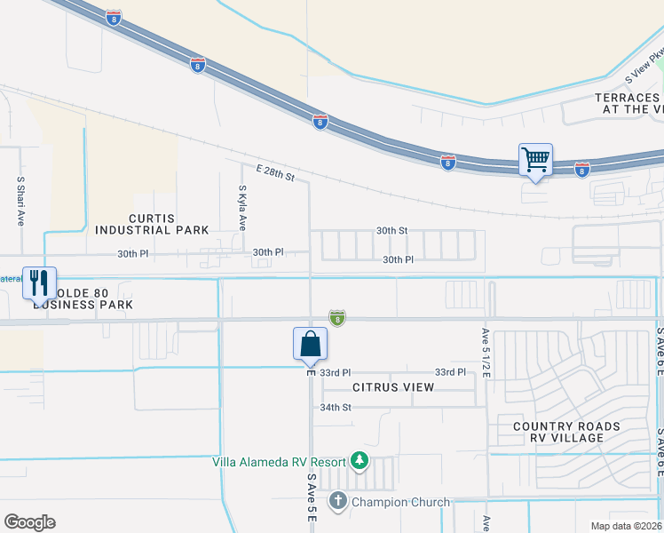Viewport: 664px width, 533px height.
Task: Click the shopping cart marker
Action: (536, 161)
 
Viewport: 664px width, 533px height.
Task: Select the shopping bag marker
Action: (311, 345)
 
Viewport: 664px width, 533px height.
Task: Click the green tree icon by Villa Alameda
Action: (359, 460)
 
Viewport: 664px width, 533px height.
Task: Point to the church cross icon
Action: (337, 502)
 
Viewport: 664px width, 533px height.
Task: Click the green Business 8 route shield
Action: (337, 317)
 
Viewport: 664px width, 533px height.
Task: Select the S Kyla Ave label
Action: (241, 208)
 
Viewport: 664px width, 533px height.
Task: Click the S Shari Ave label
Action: (20, 202)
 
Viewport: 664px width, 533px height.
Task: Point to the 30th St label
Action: (391, 230)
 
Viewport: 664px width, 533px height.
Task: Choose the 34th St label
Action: (336, 407)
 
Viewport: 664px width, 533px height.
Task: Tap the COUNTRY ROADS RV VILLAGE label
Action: (567, 433)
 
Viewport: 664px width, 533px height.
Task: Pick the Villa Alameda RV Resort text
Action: (279, 460)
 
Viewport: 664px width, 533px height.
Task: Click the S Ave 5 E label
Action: (312, 497)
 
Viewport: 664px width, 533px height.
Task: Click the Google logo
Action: (29, 521)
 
